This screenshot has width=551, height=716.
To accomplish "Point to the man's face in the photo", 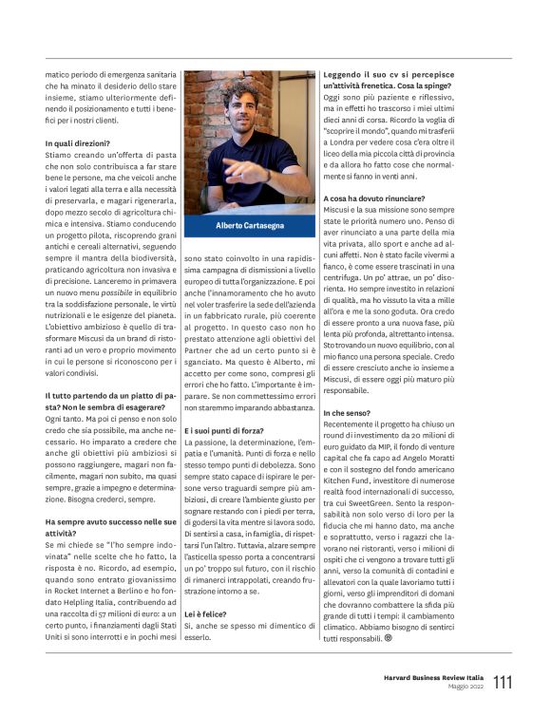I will pyautogui.click(x=242, y=107).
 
